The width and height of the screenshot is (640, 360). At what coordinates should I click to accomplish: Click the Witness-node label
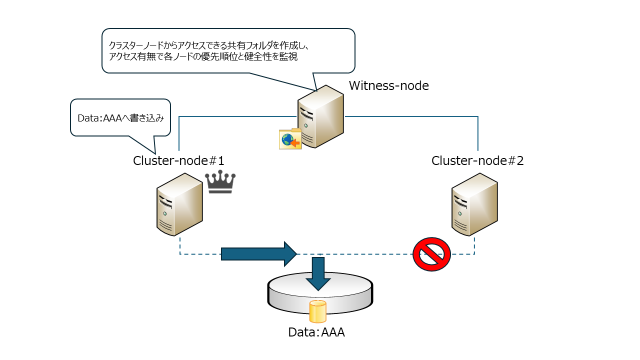point(388,86)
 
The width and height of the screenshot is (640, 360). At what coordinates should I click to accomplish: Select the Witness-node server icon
point(320,116)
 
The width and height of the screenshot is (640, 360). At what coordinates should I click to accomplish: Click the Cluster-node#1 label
point(178,161)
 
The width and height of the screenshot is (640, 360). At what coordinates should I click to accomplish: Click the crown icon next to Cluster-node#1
point(220,182)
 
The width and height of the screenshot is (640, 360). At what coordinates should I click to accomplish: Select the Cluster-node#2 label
point(477,161)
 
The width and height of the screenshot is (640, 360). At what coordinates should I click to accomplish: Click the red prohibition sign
point(431,254)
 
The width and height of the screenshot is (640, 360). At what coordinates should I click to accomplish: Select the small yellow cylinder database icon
point(317,311)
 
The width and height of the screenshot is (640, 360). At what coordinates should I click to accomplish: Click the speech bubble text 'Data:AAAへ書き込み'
point(120,118)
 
